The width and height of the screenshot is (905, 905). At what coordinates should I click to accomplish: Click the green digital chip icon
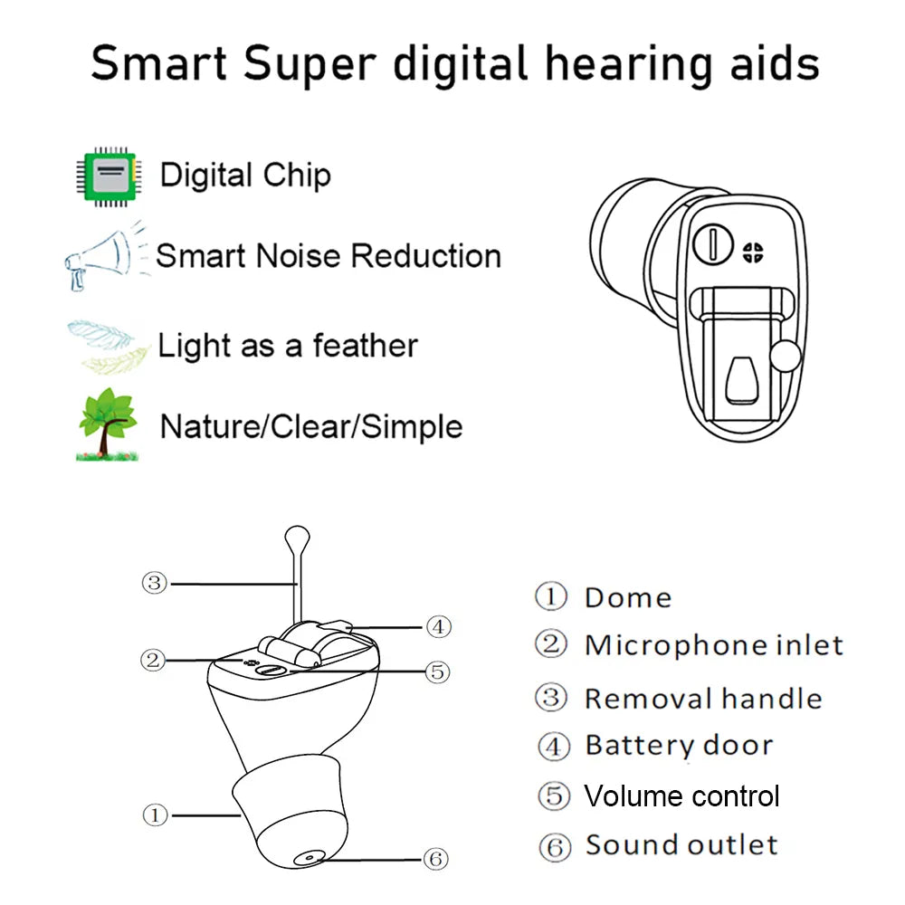[108, 175]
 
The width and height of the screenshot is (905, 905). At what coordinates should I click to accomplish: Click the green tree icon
[108, 424]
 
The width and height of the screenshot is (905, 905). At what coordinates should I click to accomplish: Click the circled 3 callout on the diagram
[155, 583]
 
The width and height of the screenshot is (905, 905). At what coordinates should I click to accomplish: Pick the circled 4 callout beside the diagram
[438, 626]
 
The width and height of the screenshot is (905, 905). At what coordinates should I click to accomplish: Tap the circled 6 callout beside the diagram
[436, 858]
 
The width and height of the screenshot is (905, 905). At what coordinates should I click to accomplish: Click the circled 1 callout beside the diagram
[156, 814]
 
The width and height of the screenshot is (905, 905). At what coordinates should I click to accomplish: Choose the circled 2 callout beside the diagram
[154, 660]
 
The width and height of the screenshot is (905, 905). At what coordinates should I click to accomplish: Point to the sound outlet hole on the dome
[310, 855]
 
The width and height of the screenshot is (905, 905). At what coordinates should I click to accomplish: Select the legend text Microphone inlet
[713, 645]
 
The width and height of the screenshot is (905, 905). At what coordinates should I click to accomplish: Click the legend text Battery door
[679, 746]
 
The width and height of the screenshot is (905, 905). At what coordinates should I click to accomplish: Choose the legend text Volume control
[681, 796]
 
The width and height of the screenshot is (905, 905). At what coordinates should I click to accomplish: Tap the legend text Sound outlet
[681, 845]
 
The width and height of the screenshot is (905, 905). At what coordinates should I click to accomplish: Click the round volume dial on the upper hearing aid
[714, 243]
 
